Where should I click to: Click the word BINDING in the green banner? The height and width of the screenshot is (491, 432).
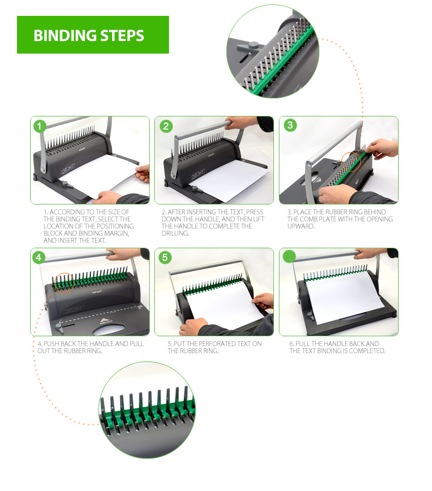coord(65,36)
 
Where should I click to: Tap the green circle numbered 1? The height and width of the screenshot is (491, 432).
coord(39,126)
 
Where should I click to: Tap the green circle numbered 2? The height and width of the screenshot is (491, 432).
coord(166,126)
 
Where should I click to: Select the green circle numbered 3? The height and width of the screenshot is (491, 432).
coord(290,125)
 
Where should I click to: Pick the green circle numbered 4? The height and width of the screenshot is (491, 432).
coord(39,258)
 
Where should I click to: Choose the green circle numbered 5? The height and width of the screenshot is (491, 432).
coord(165,258)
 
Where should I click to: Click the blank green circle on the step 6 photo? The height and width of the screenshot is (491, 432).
coord(289,256)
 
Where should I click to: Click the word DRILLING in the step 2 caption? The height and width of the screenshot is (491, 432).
coord(175,233)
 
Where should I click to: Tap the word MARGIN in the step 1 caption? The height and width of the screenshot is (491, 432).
coord(116,233)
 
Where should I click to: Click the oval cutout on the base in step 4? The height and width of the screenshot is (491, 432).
coord(109,329)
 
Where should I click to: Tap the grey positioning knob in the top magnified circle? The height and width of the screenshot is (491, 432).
coord(248,46)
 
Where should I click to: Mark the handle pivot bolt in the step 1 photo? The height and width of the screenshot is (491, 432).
coord(43,171)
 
